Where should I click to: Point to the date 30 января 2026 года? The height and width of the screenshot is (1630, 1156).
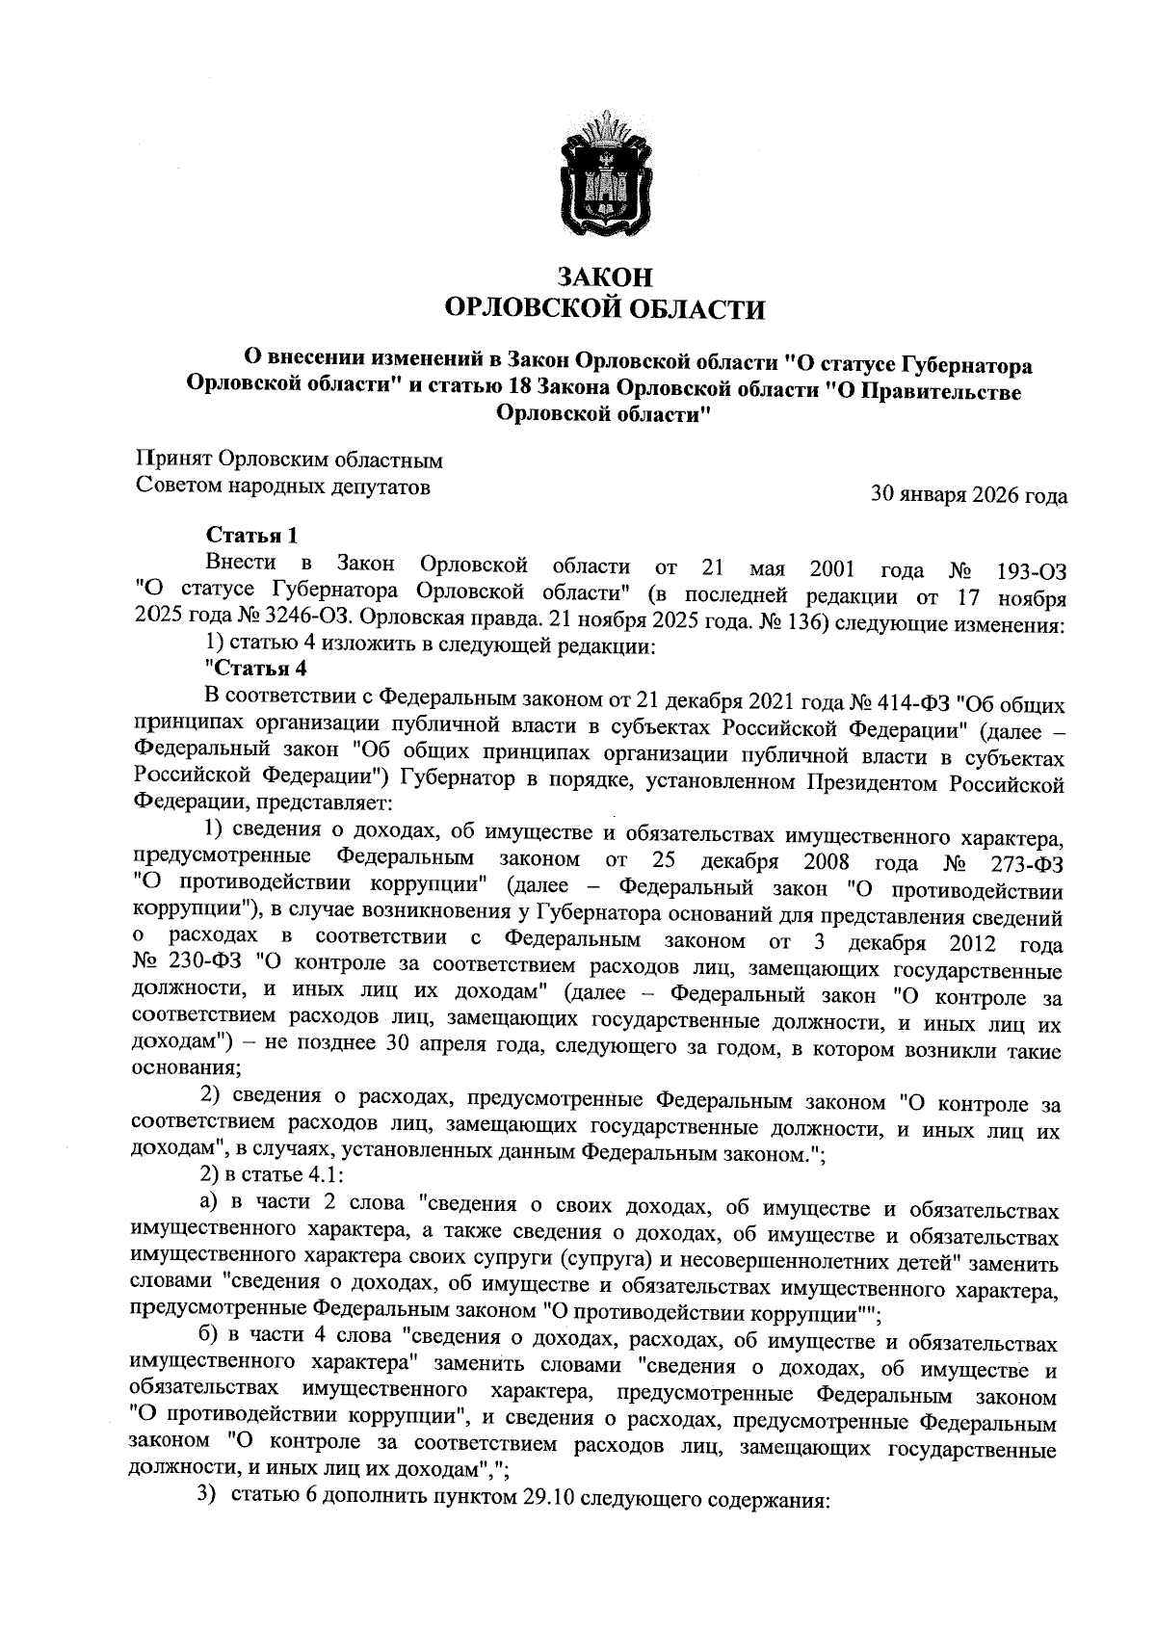[968, 495]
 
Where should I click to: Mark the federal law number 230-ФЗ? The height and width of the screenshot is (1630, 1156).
[203, 962]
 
